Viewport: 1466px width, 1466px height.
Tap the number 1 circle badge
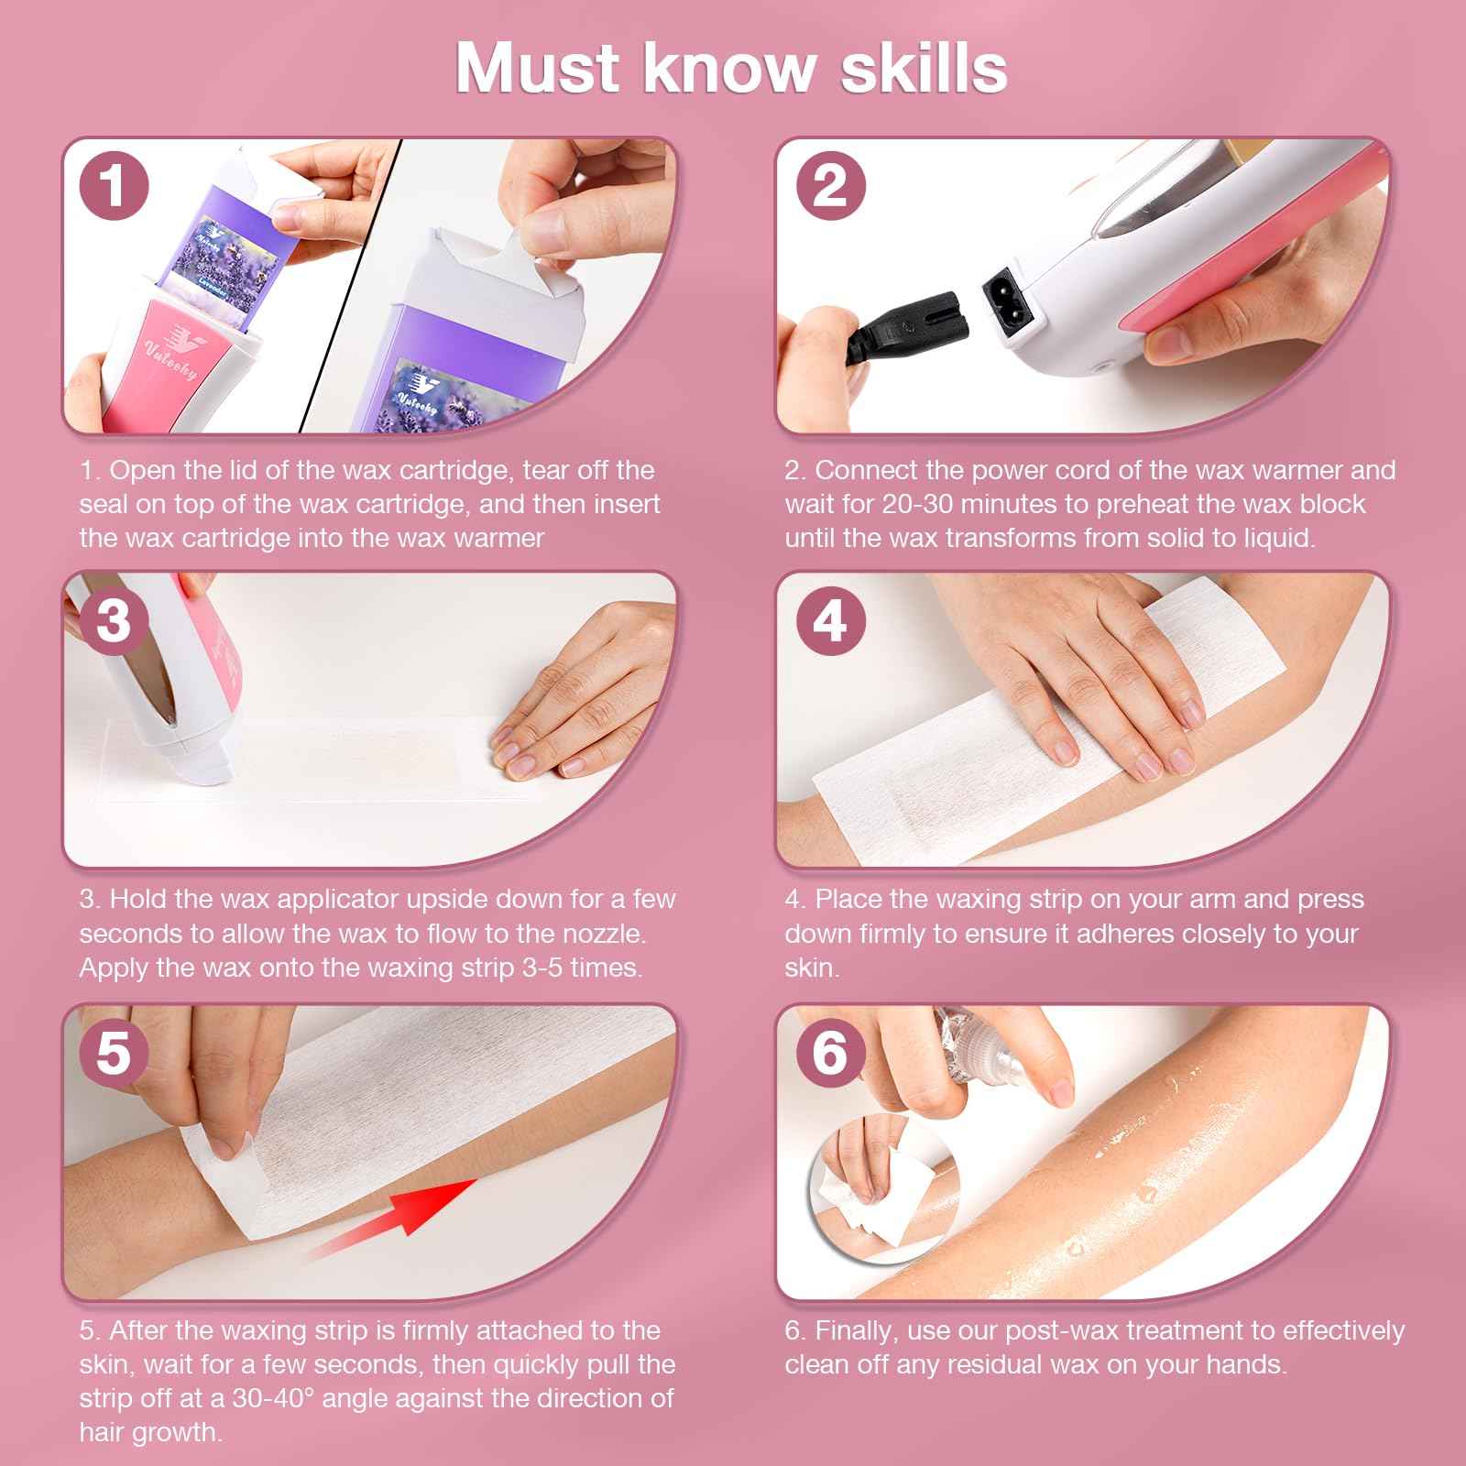click(113, 186)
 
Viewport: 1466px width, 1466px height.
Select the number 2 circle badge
click(829, 186)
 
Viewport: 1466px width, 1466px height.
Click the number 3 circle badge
click(113, 620)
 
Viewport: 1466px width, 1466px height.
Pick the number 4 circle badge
click(829, 620)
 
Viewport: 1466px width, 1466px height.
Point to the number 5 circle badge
click(113, 1052)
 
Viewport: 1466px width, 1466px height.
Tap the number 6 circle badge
click(829, 1052)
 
